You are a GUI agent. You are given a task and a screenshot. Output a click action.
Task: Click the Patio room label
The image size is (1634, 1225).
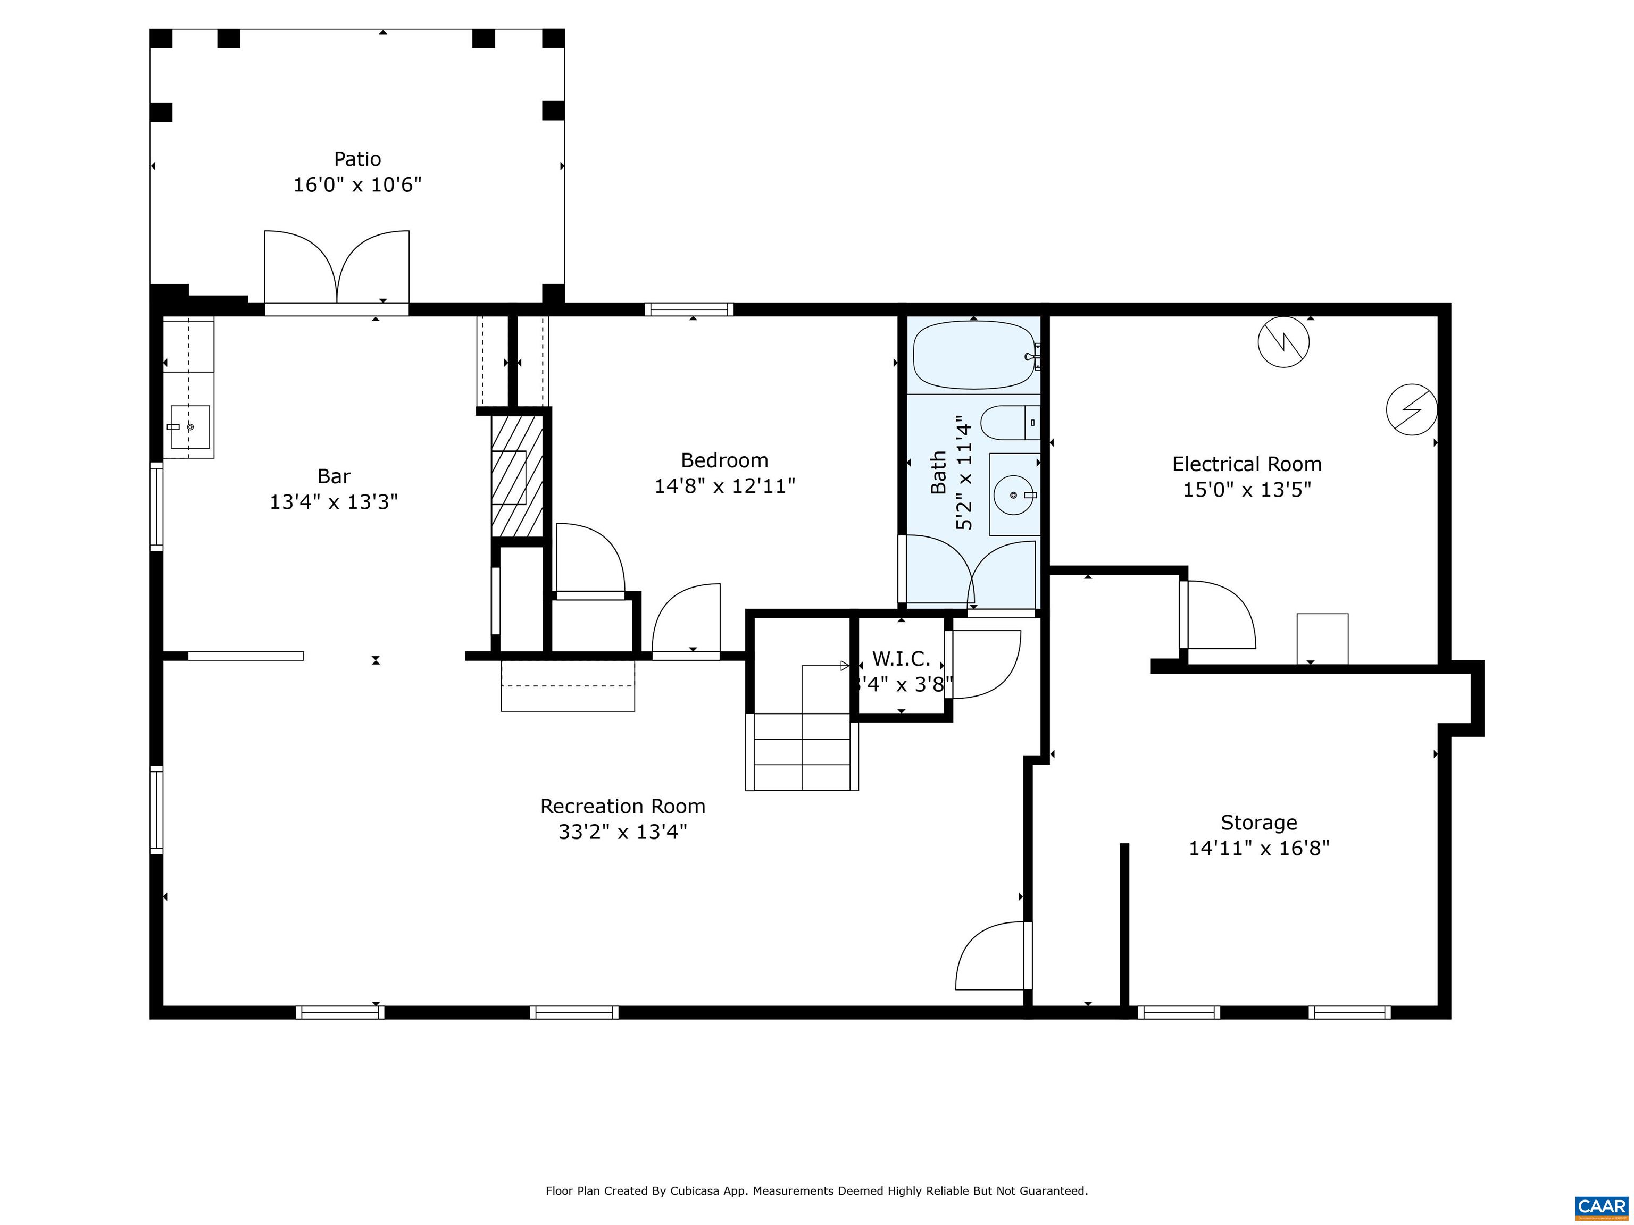357,159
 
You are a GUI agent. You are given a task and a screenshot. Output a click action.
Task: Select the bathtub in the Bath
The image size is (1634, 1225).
973,356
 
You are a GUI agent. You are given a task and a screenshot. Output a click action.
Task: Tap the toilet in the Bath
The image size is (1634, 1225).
1008,422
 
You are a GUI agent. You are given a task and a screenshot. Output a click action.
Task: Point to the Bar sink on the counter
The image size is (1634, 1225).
190,427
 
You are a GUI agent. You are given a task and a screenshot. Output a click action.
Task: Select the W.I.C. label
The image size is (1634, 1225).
901,659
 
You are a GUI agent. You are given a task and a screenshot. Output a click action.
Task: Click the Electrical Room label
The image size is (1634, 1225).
1246,464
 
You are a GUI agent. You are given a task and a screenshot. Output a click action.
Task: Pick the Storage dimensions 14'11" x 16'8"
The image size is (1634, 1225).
1258,848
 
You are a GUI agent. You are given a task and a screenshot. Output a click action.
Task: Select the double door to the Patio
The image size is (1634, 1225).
337,270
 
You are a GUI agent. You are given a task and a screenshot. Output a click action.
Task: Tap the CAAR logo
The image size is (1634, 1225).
1601,1206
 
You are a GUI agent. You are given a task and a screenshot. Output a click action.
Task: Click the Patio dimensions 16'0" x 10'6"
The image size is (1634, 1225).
357,184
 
